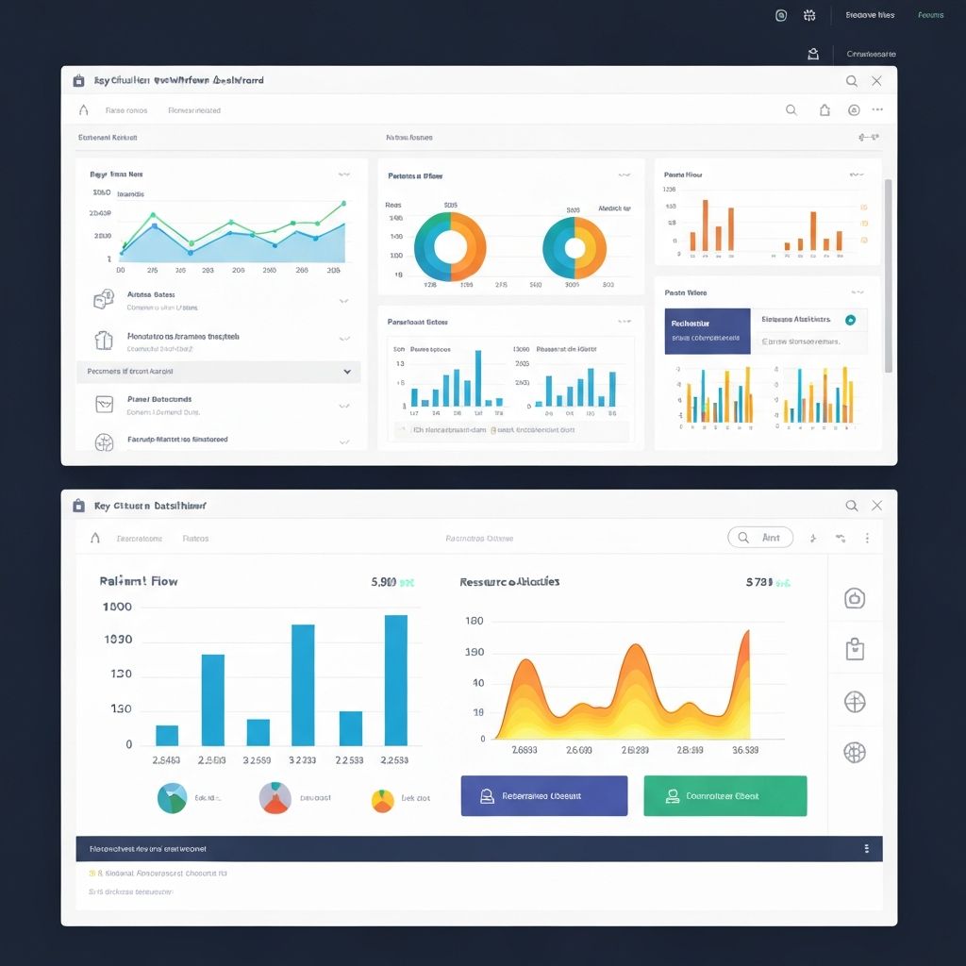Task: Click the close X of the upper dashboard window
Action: pyautogui.click(x=876, y=81)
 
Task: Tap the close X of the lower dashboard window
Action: pyautogui.click(x=876, y=506)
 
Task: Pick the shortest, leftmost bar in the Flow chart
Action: pyautogui.click(x=167, y=735)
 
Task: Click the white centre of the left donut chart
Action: pyautogui.click(x=450, y=247)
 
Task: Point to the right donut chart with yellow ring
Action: pyautogui.click(x=575, y=248)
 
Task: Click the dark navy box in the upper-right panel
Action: pyautogui.click(x=707, y=331)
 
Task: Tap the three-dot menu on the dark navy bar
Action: pyautogui.click(x=866, y=849)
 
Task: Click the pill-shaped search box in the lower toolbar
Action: pyautogui.click(x=760, y=538)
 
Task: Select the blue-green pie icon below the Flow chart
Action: pyautogui.click(x=172, y=798)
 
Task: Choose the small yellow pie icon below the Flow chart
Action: pyautogui.click(x=382, y=800)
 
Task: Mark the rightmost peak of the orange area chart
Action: pyautogui.click(x=745, y=633)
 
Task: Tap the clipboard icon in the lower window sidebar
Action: pyautogui.click(x=855, y=649)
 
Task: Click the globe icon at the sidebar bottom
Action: pyautogui.click(x=855, y=752)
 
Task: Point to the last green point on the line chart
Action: pyautogui.click(x=343, y=203)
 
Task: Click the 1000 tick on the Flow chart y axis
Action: pyautogui.click(x=117, y=607)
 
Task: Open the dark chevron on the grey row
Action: pyautogui.click(x=347, y=373)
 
